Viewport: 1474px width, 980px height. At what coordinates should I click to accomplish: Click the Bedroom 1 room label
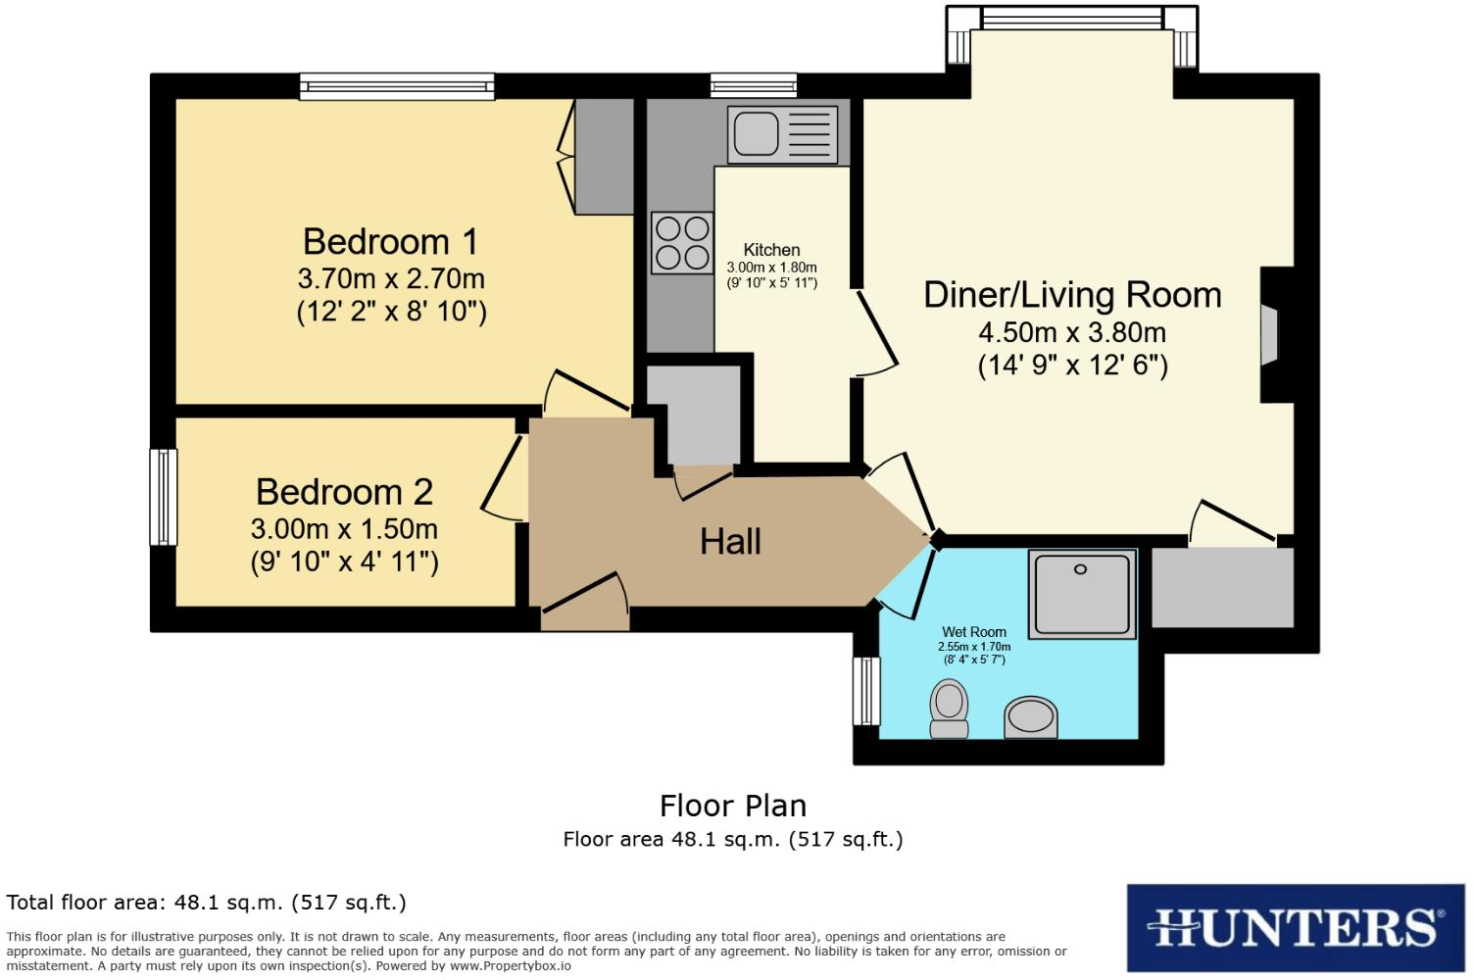point(390,241)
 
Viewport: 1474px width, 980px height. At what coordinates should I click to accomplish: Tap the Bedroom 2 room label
point(344,492)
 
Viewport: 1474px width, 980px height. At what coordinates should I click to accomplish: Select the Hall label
point(730,541)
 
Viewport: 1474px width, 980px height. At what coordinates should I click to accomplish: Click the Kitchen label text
point(771,250)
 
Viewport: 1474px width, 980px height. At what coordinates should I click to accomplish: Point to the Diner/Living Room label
point(1072,295)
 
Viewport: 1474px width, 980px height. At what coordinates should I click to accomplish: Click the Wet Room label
point(974,632)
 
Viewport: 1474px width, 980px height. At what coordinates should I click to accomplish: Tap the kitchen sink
point(756,134)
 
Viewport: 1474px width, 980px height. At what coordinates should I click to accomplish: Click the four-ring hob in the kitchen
point(682,243)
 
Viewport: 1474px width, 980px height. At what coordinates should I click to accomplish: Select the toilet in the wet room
point(949,709)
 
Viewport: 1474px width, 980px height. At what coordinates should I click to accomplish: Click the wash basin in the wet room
point(1031,716)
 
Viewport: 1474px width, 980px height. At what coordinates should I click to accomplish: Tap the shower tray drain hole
point(1080,569)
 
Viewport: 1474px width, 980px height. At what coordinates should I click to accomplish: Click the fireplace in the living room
point(1271,335)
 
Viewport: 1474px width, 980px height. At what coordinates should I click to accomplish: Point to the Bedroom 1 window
point(397,87)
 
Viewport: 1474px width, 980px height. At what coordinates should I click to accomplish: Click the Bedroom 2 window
point(163,496)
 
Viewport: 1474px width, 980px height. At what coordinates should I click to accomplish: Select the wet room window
point(866,691)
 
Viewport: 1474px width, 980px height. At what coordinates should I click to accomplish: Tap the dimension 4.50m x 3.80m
point(1072,332)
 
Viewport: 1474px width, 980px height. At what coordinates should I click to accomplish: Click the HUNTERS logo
point(1295,927)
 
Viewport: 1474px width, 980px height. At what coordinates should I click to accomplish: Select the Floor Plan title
point(733,806)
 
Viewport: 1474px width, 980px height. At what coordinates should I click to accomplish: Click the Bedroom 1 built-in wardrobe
point(604,157)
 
